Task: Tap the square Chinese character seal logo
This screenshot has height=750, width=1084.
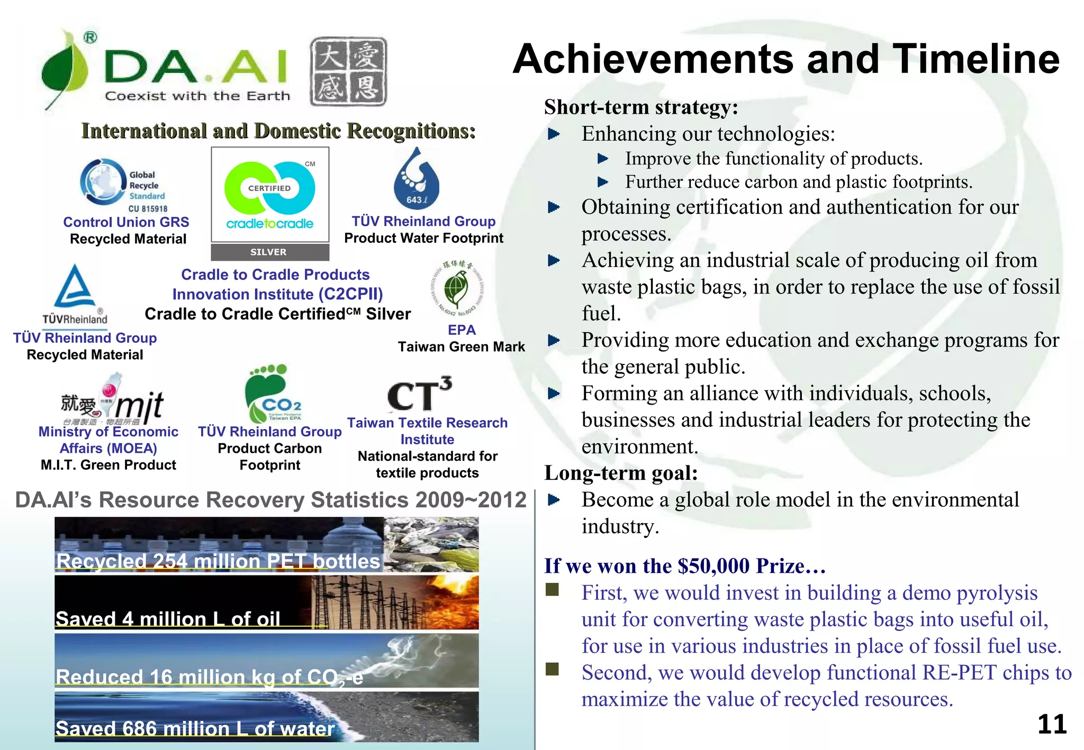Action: click(x=348, y=71)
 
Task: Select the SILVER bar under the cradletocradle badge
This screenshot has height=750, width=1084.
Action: click(x=269, y=252)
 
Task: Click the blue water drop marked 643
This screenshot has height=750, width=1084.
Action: click(x=416, y=182)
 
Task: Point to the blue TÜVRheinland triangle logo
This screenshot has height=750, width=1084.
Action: click(x=75, y=287)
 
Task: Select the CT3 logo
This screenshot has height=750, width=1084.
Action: click(x=419, y=395)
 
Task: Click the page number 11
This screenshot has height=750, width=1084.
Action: click(x=1051, y=725)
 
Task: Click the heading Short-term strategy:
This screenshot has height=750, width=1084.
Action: click(x=641, y=107)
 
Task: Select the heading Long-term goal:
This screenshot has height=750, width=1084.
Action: click(x=621, y=473)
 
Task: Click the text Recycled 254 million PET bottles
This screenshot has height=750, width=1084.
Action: click(x=218, y=561)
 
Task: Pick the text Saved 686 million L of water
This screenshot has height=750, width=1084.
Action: click(x=195, y=729)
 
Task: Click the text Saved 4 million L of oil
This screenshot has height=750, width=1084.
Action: click(x=168, y=619)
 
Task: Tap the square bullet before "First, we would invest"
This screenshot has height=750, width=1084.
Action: click(x=552, y=590)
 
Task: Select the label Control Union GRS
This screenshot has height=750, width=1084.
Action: click(x=126, y=222)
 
